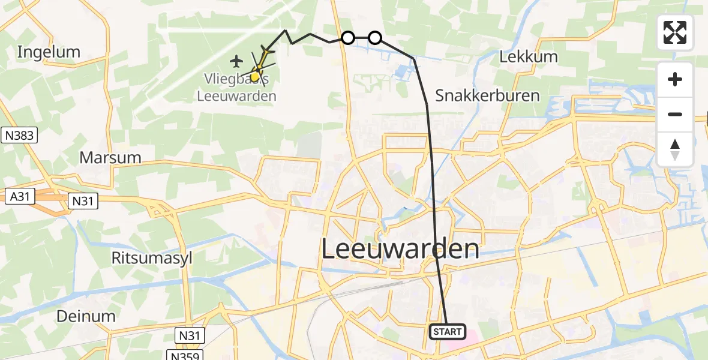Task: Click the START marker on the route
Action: click(x=448, y=332)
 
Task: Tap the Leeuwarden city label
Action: click(x=401, y=249)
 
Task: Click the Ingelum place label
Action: click(x=49, y=52)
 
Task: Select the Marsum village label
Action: click(x=110, y=158)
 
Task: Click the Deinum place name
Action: click(x=86, y=316)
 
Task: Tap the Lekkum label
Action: click(x=529, y=57)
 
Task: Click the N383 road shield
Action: click(x=19, y=136)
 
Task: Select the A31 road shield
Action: click(x=20, y=196)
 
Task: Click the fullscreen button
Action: click(x=675, y=32)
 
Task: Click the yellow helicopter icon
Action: click(x=257, y=74)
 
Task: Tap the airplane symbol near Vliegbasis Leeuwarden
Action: click(x=236, y=61)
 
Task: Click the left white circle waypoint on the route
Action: click(x=347, y=38)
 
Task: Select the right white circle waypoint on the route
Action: click(x=374, y=38)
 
